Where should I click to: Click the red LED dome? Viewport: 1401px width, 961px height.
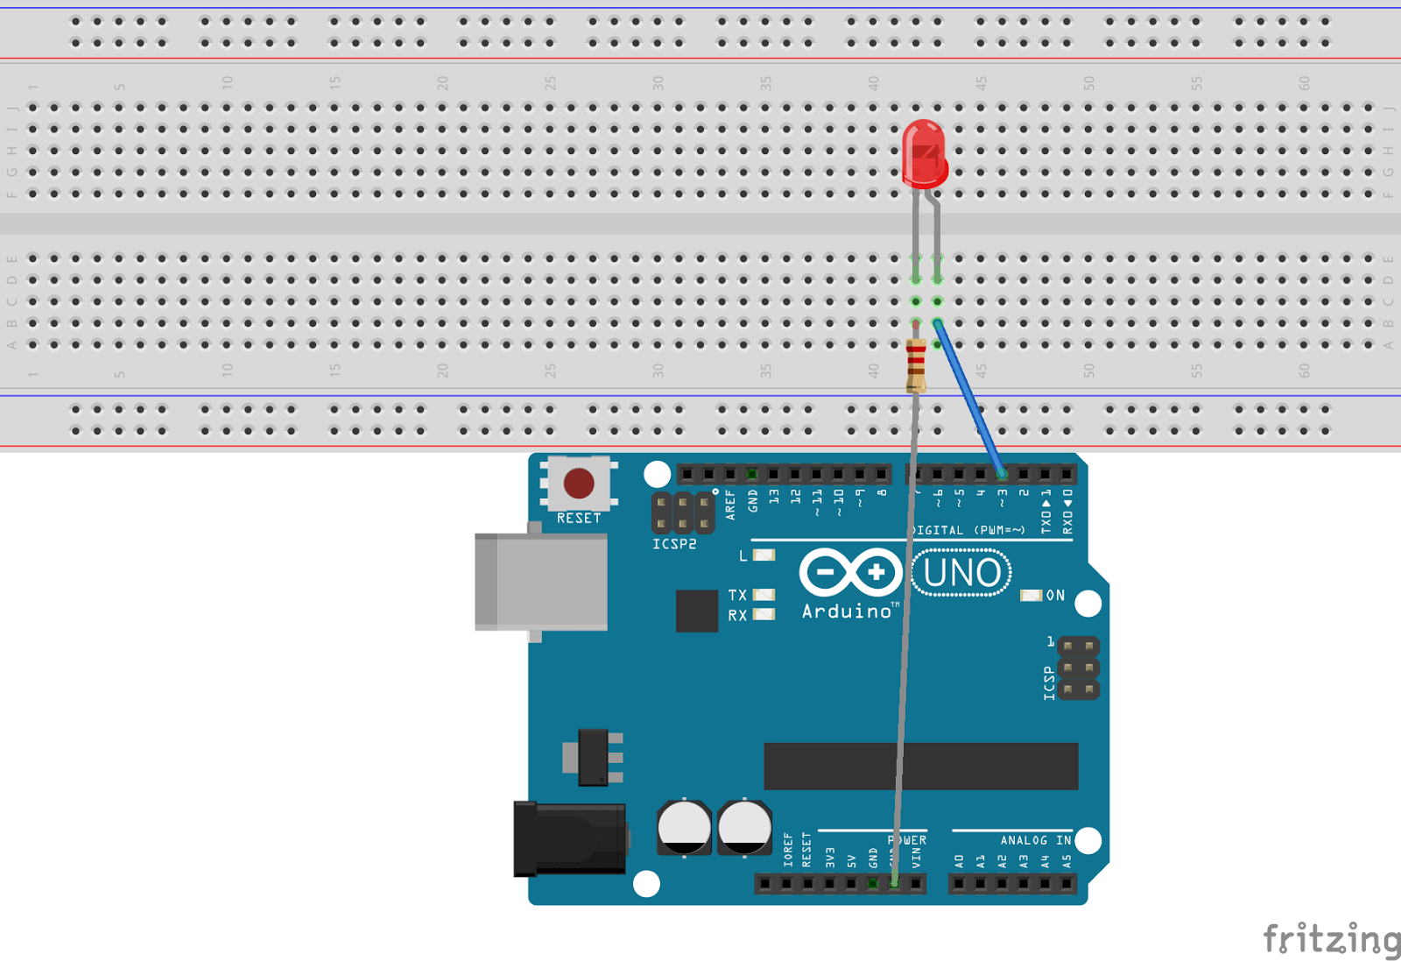tap(924, 153)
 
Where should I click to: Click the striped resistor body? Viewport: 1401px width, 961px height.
tap(916, 363)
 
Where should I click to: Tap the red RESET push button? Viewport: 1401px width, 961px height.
tap(579, 483)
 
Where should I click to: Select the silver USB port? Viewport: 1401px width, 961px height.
tap(541, 582)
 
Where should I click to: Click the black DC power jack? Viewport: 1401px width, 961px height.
tap(569, 839)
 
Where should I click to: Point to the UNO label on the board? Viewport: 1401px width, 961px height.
tap(961, 573)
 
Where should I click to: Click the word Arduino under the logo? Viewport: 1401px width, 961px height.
tap(847, 611)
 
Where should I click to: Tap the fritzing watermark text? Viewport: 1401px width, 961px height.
tap(1331, 939)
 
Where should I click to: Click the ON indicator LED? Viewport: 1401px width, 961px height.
tap(1031, 596)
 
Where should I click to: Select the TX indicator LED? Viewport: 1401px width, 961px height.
tap(764, 595)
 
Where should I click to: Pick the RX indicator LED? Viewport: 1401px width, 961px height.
tap(764, 614)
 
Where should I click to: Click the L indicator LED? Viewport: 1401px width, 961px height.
tap(764, 555)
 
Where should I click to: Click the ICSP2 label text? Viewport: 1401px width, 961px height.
tap(674, 544)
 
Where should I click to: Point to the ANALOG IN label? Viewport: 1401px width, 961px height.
tap(1035, 840)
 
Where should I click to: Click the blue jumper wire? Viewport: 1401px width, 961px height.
tap(969, 399)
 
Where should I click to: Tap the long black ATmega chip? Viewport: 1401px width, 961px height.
tap(920, 766)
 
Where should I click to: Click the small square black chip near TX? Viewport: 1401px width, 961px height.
tap(697, 611)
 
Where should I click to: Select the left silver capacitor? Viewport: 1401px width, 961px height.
tap(684, 826)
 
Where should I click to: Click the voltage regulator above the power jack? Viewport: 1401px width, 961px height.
tap(594, 757)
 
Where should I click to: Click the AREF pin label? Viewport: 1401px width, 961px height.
tap(730, 505)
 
